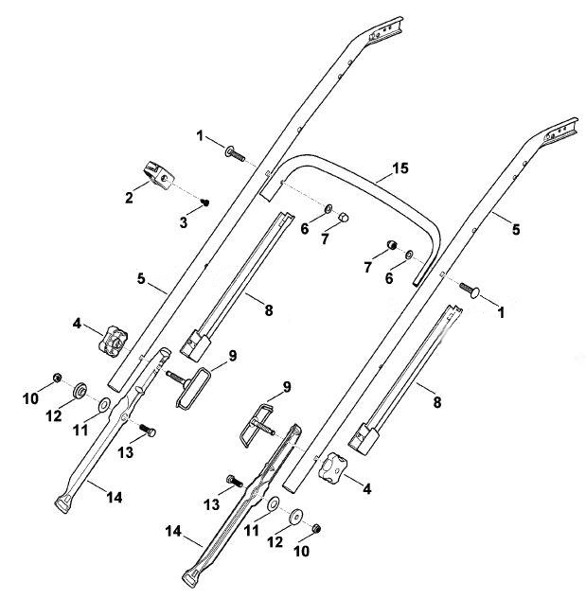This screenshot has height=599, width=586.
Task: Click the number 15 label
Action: [400, 168]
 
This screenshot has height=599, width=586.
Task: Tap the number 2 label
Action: [129, 198]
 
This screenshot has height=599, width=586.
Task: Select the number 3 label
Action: [184, 222]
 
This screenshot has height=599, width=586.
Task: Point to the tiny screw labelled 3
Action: [205, 203]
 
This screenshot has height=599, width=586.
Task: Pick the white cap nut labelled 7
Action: [344, 219]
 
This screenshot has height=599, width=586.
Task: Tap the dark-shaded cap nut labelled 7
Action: [391, 244]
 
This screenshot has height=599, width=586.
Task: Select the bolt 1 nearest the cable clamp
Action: [235, 153]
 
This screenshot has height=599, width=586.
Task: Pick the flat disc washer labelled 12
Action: [295, 516]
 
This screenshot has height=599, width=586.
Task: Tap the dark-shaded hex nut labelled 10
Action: [316, 529]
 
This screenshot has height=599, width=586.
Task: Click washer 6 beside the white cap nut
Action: [329, 209]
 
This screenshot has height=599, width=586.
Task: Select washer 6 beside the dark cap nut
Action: [409, 254]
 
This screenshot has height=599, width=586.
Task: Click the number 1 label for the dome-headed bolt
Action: [501, 312]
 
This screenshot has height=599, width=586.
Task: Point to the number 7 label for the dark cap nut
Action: [367, 268]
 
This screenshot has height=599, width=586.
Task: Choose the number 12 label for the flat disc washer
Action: [275, 542]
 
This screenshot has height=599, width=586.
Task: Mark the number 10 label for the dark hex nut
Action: [301, 552]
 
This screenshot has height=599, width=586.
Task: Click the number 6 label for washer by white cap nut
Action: [304, 229]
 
